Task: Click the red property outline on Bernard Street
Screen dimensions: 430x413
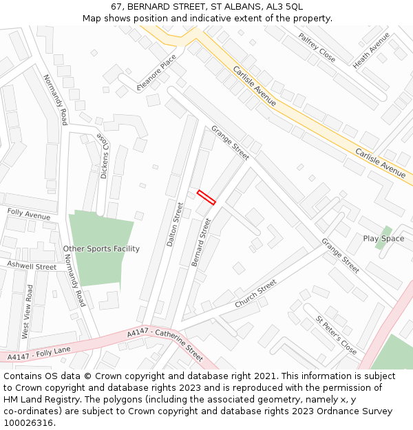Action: [206, 197]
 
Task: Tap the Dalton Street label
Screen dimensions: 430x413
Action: [175, 224]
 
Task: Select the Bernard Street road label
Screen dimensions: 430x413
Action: [200, 242]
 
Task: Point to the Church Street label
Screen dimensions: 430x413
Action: [255, 294]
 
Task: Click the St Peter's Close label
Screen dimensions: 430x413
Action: [336, 335]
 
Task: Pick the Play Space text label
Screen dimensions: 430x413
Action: [383, 239]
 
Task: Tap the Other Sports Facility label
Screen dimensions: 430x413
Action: [101, 248]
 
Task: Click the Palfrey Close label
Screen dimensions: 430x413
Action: [317, 47]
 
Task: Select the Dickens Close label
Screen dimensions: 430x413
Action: [104, 155]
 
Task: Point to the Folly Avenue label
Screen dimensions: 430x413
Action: [29, 215]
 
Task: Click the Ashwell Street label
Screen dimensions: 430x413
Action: [32, 266]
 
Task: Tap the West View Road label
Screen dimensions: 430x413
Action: [28, 312]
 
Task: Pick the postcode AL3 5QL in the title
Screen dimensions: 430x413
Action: [283, 7]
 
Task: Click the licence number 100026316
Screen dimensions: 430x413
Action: [28, 422]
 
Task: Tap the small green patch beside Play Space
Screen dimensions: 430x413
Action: [383, 237]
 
